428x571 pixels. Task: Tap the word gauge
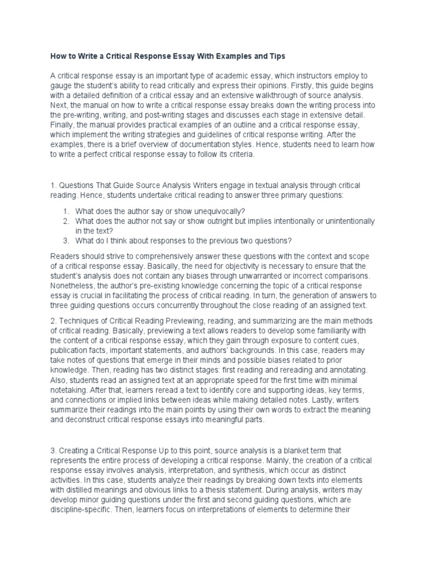coord(62,85)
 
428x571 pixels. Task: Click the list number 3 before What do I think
coord(65,240)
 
